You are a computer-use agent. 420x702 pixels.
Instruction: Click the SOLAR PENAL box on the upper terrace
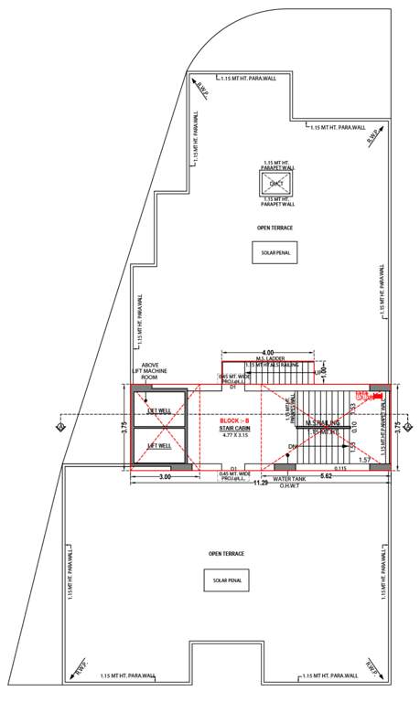275,252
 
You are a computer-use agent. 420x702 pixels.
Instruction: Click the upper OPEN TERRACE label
275,226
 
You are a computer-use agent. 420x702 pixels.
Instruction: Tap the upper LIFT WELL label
159,410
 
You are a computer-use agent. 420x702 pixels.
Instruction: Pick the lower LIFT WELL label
159,445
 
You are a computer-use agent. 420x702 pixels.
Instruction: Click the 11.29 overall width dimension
260,483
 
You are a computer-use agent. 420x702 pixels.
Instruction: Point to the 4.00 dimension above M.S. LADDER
268,352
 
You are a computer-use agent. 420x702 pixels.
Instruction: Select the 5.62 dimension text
326,477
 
